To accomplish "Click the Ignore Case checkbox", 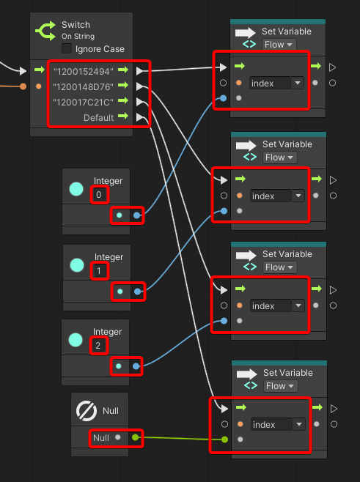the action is (x=67, y=48).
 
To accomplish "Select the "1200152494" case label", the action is (x=84, y=72).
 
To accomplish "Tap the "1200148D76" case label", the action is (x=83, y=87).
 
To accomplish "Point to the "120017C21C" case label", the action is (x=83, y=102).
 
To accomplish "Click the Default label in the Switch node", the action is (x=98, y=117).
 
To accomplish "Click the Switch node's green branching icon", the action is (x=45, y=31).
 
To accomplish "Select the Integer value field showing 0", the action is (x=99, y=195).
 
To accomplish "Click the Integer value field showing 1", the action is (x=100, y=271).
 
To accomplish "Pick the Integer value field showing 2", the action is (x=98, y=346).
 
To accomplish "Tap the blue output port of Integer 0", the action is (x=137, y=215).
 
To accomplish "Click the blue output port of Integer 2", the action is (x=136, y=366).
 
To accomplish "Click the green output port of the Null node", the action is (x=135, y=437).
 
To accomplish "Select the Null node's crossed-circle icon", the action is (x=87, y=411).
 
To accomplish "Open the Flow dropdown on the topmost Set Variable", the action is (x=279, y=45).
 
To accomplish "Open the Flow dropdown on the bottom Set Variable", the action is (x=280, y=386).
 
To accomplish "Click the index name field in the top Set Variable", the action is (x=270, y=83).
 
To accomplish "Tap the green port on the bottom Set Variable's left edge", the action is (x=224, y=440).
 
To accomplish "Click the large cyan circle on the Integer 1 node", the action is (x=77, y=265).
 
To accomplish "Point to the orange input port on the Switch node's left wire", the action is (x=23, y=86).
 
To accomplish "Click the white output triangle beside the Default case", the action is (x=140, y=117).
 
